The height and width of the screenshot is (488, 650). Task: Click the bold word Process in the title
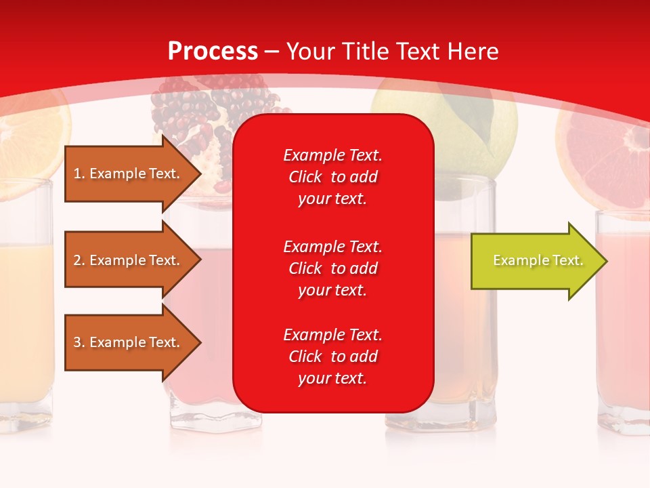point(213,52)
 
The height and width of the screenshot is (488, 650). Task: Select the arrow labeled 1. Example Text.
point(129,174)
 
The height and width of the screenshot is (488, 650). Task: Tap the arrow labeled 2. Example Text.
point(129,260)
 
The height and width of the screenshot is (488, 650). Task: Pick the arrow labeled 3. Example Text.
point(129,342)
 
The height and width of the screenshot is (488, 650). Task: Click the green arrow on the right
point(535,261)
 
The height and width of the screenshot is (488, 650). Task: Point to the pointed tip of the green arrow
point(604,261)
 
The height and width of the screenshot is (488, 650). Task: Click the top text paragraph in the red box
point(332,177)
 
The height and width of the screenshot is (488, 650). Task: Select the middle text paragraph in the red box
point(332,268)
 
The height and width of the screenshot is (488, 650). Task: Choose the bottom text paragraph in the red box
point(332,357)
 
